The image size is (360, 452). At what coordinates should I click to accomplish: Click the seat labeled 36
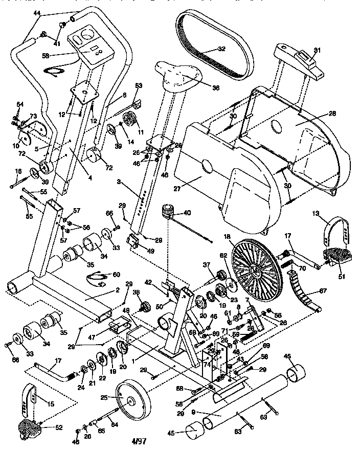pyautogui.click(x=176, y=72)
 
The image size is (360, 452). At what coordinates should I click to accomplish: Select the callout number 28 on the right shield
pyautogui.click(x=332, y=114)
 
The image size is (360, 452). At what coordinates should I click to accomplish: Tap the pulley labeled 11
pyautogui.click(x=131, y=121)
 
